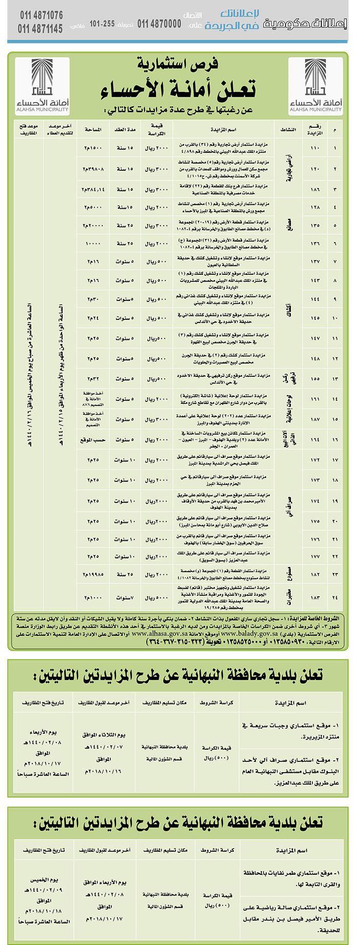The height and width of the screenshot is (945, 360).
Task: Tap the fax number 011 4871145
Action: pos(42,28)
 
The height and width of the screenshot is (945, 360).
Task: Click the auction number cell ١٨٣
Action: pos(315,598)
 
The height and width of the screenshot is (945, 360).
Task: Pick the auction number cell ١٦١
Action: pos(315,398)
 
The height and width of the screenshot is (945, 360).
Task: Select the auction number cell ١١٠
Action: pos(315,148)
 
